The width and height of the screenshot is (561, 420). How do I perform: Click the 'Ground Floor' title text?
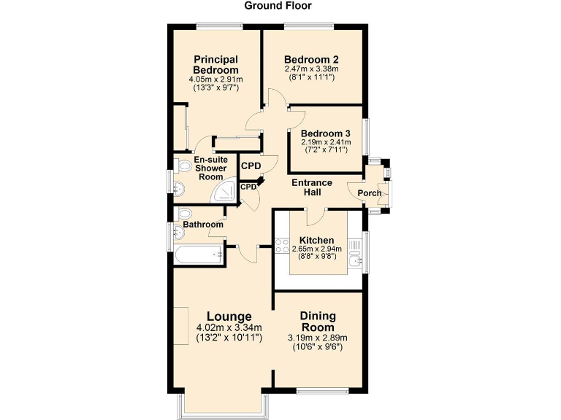tap(278, 6)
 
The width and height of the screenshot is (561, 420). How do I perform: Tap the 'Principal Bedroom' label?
tap(215, 64)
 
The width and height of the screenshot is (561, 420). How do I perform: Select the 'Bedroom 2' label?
tap(311, 59)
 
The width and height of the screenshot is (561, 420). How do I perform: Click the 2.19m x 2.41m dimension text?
tap(327, 142)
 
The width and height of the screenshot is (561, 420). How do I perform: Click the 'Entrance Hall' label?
tap(312, 187)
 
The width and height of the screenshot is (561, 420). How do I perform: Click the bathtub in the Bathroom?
tap(197, 254)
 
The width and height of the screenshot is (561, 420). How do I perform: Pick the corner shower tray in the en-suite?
tap(225, 192)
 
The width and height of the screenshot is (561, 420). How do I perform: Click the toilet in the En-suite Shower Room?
tap(183, 167)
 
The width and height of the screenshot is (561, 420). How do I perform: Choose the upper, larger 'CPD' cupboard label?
tap(251, 166)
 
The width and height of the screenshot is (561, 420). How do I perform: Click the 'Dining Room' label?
tap(318, 322)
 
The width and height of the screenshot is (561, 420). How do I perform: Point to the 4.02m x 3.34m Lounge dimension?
tap(229, 328)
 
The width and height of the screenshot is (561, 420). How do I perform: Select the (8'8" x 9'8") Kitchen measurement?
tap(316, 257)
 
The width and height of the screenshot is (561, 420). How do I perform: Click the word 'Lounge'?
tap(229, 316)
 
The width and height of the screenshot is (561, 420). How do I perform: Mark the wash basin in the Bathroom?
tap(179, 233)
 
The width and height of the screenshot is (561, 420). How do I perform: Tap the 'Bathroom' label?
tap(203, 225)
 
